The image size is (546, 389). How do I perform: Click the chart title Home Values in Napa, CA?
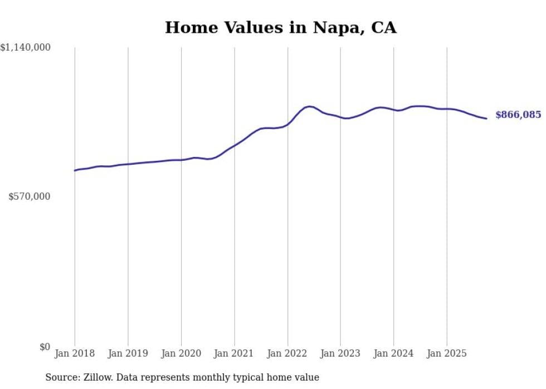tap(280, 27)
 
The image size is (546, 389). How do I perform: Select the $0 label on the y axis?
tap(45, 347)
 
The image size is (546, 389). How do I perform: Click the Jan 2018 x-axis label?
tap(75, 353)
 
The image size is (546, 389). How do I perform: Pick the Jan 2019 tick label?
tap(128, 353)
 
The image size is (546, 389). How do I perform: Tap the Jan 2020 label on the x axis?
tap(181, 353)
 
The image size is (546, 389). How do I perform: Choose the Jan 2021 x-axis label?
tap(234, 353)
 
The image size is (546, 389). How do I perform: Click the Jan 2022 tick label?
tap(287, 353)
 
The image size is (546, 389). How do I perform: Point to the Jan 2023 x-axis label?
tap(340, 353)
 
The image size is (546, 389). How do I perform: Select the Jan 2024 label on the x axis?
tap(393, 353)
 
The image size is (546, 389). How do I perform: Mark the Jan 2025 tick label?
tap(446, 353)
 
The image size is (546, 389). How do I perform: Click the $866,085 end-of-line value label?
tap(518, 115)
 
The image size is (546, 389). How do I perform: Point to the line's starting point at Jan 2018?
tap(75, 170)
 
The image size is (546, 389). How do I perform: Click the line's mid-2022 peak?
tap(309, 106)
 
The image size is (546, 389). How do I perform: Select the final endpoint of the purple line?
tap(486, 118)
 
